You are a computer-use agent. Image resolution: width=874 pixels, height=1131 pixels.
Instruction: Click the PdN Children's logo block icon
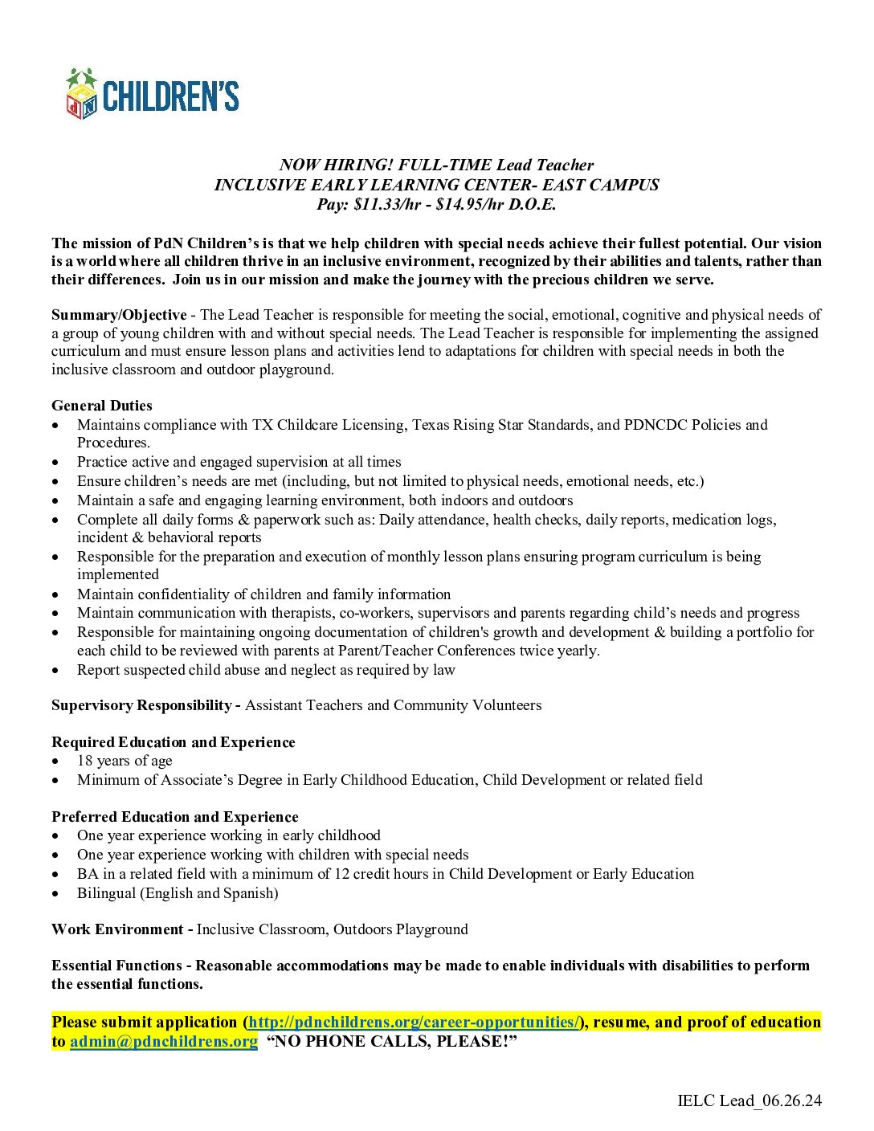coord(81,95)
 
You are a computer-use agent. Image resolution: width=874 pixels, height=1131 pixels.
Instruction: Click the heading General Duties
coord(102,406)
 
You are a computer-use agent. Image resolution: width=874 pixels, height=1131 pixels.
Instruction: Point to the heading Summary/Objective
coord(119,315)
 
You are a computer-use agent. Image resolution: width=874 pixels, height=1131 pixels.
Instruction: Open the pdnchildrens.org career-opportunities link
coord(415,1023)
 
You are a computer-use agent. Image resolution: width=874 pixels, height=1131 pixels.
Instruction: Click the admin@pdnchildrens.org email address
coord(164,1042)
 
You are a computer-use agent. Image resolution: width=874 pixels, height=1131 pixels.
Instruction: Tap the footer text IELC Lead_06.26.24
coord(749,1100)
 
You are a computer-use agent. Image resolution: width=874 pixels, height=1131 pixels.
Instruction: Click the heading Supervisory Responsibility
coord(141,705)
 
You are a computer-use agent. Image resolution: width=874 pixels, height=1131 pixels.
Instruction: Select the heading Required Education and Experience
coord(174,742)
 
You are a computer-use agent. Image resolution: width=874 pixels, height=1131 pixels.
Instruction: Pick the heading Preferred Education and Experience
coord(175,817)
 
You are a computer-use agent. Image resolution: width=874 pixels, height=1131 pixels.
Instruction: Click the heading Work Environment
coord(118,929)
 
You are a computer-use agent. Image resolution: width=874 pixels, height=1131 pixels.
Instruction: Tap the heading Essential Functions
coord(116,966)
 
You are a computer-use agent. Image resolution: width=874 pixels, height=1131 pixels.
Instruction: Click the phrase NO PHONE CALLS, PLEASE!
coord(391,1042)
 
